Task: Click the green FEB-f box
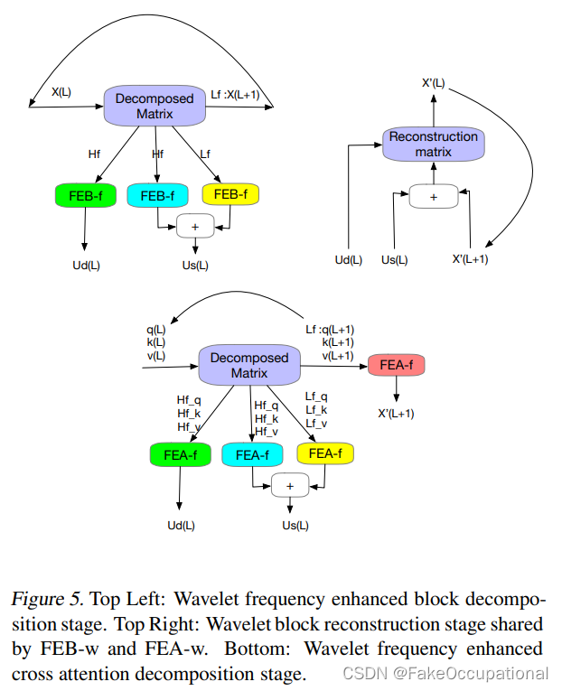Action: pyautogui.click(x=84, y=194)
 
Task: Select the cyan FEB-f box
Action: pyautogui.click(x=157, y=194)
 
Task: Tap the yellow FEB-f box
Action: pyautogui.click(x=230, y=194)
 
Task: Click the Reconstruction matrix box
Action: pyautogui.click(x=433, y=145)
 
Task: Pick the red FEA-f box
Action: pyautogui.click(x=396, y=365)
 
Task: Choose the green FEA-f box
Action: pyautogui.click(x=181, y=455)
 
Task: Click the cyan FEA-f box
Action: pyautogui.click(x=252, y=455)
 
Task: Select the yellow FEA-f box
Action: pyautogui.click(x=324, y=453)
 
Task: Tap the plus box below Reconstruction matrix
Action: pyautogui.click(x=433, y=196)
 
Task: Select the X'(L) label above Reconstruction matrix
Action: pyautogui.click(x=433, y=83)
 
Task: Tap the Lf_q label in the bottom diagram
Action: pyautogui.click(x=316, y=396)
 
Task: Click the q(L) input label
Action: pyautogui.click(x=155, y=329)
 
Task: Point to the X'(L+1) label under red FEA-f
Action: pyautogui.click(x=395, y=414)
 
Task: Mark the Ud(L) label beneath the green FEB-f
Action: pyautogui.click(x=85, y=265)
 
